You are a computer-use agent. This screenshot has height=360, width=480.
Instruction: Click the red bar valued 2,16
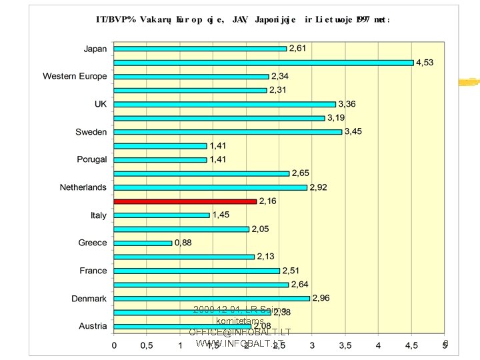(185, 201)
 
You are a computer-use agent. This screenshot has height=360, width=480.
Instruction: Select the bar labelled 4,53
(263, 63)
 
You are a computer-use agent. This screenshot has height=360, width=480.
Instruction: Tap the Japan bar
(200, 49)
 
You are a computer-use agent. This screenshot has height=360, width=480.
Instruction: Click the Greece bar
(143, 243)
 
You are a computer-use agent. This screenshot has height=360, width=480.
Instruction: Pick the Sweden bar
(227, 132)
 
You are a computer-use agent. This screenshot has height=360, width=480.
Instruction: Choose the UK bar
(225, 104)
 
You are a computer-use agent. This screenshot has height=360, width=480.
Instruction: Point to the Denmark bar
(211, 299)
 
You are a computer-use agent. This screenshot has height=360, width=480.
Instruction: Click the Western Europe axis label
(75, 77)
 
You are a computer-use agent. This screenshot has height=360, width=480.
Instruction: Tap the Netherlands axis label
(83, 187)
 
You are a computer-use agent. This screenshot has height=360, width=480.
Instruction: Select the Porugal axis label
(91, 160)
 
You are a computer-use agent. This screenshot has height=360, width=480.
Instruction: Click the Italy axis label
(98, 215)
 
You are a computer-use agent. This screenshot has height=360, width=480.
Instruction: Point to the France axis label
(93, 271)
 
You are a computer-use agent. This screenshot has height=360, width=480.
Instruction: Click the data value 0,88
(183, 243)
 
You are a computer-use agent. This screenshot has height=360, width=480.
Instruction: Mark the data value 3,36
(347, 104)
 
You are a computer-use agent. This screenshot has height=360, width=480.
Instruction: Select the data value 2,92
(318, 187)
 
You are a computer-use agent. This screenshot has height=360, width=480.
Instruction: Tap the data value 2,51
(291, 271)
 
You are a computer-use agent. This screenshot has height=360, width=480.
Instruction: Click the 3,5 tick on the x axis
(345, 345)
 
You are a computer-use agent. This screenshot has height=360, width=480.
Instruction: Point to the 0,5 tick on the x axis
(147, 345)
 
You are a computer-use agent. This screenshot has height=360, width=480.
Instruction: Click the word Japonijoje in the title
(275, 20)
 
